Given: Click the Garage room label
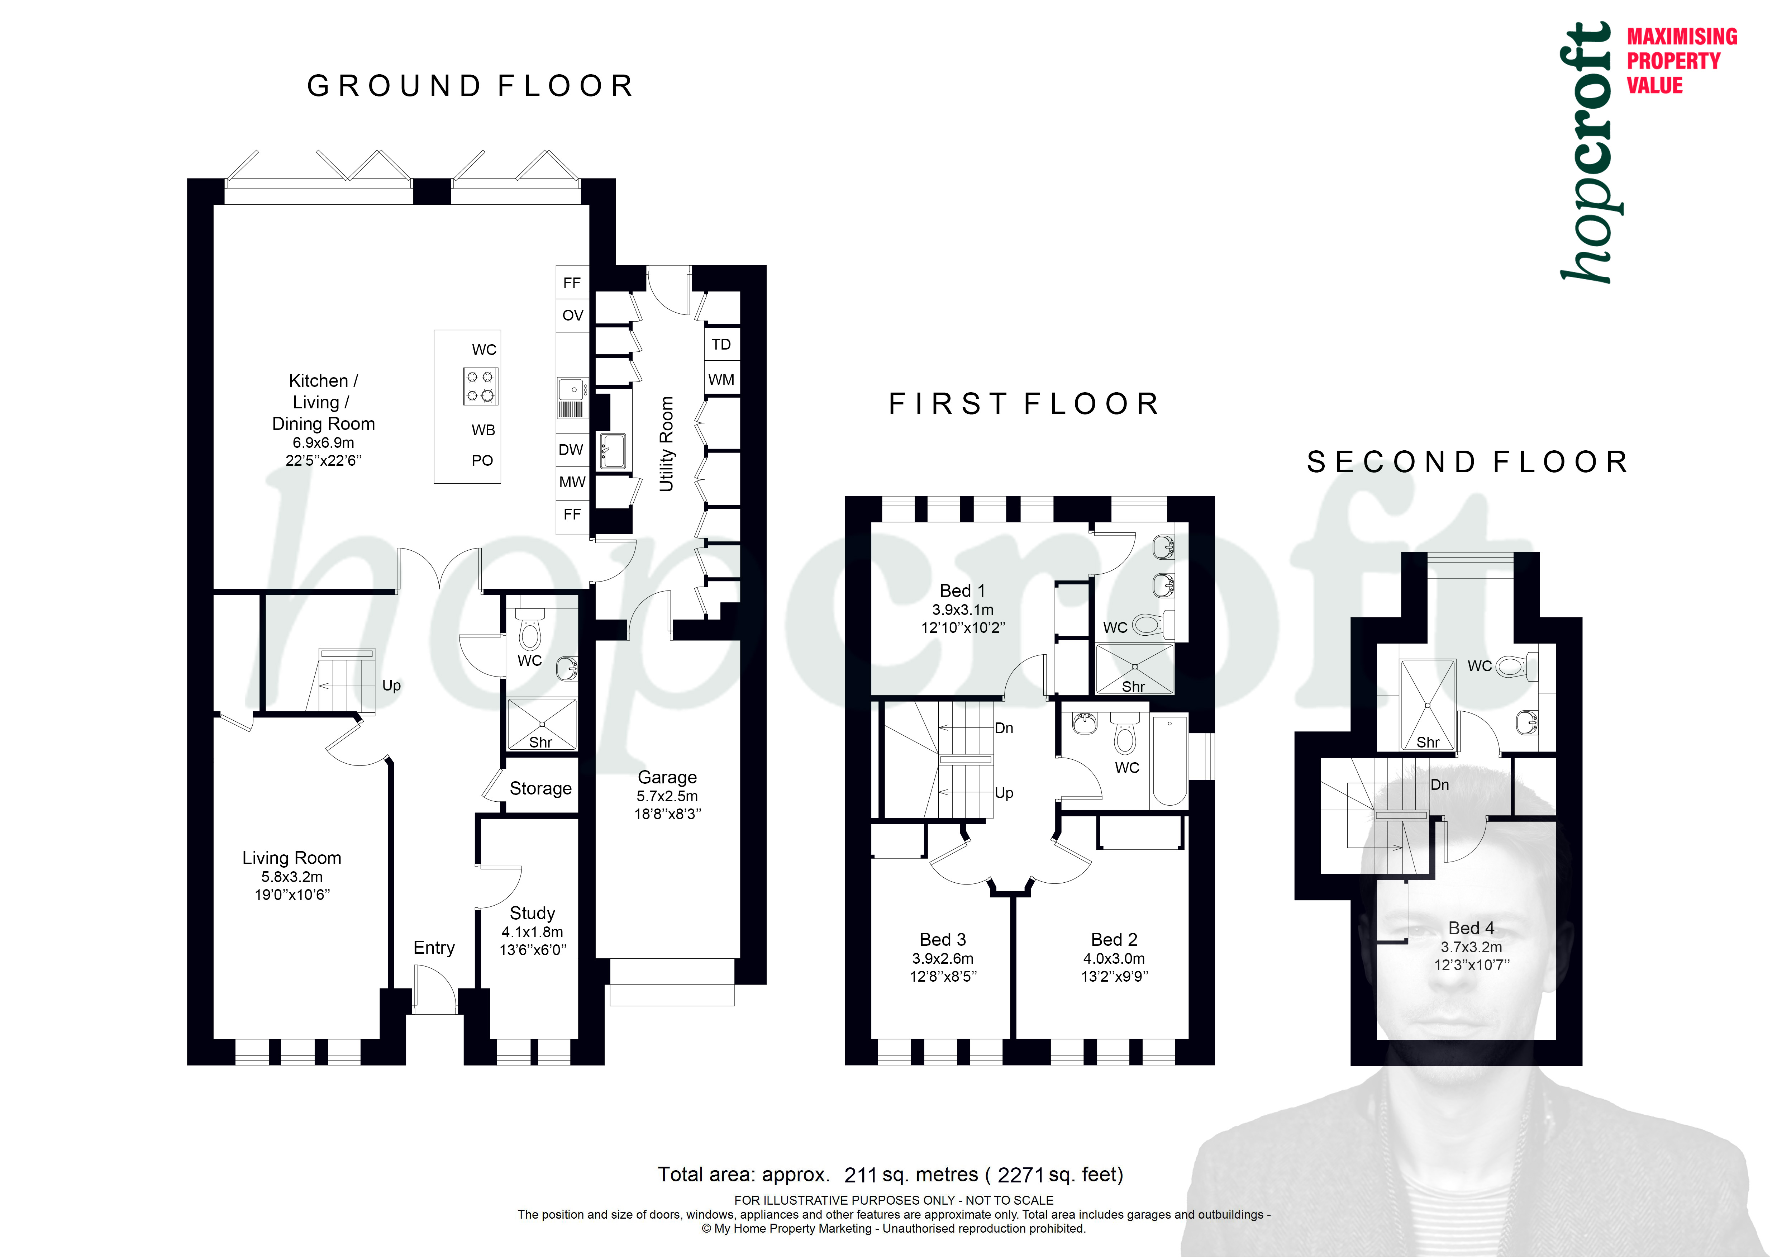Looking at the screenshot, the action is pyautogui.click(x=667, y=777).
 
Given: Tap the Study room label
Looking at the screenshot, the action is pyautogui.click(x=533, y=913).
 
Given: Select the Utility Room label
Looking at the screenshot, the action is pyautogui.click(x=666, y=444).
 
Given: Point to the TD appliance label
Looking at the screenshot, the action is pyautogui.click(x=721, y=345).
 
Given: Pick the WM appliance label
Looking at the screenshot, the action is pyautogui.click(x=721, y=379).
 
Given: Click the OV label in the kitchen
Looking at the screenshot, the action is pyautogui.click(x=573, y=315).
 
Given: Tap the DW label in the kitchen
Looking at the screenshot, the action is pyautogui.click(x=571, y=450).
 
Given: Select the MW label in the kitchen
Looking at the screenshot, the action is pyautogui.click(x=572, y=482).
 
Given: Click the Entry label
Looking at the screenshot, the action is pyautogui.click(x=434, y=948).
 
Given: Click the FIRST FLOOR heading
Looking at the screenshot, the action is pyautogui.click(x=1024, y=404).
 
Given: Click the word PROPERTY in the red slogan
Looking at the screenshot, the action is pyautogui.click(x=1673, y=60).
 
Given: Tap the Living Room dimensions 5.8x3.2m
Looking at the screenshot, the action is pyautogui.click(x=292, y=877).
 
